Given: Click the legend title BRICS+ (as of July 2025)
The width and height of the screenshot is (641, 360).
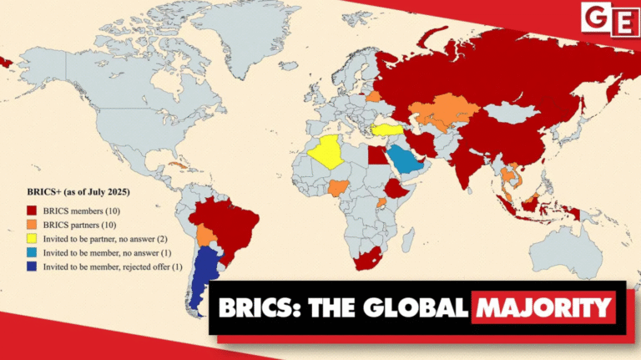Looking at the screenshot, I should (x=78, y=192).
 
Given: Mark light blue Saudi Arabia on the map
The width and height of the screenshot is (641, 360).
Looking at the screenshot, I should (x=406, y=160).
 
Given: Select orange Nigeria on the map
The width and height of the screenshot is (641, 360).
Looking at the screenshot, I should (x=336, y=185).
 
